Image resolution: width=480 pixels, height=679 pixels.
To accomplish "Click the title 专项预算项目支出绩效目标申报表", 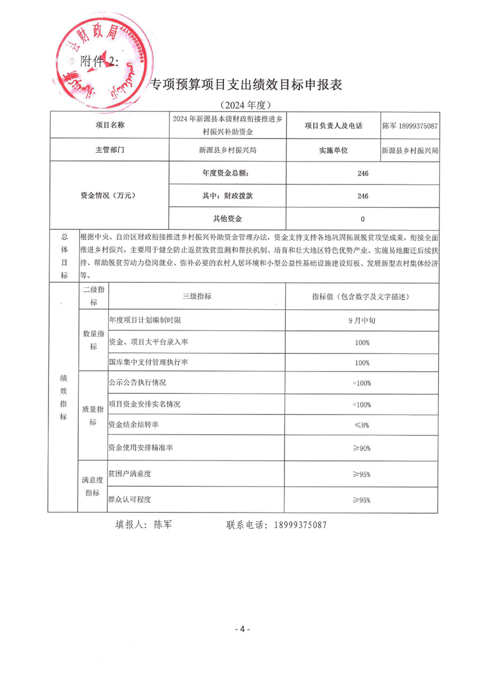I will click(246, 85).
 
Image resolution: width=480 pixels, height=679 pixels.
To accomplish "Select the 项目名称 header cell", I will click(110, 125).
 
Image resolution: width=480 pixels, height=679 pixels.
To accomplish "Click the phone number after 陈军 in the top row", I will click(417, 125).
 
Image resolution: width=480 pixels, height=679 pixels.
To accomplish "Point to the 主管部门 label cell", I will click(110, 149).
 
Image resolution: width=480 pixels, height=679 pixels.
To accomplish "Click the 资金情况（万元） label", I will click(110, 196).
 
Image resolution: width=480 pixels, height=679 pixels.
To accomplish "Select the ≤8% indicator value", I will click(362, 425).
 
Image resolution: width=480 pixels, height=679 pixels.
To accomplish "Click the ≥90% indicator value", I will click(362, 448).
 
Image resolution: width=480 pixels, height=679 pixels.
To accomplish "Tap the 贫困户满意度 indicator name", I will click(130, 474).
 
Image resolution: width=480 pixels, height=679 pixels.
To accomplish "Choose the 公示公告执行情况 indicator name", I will click(137, 383).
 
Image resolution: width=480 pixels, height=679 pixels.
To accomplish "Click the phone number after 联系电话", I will click(300, 525).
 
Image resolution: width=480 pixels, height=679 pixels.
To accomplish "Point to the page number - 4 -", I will click(242, 629).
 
